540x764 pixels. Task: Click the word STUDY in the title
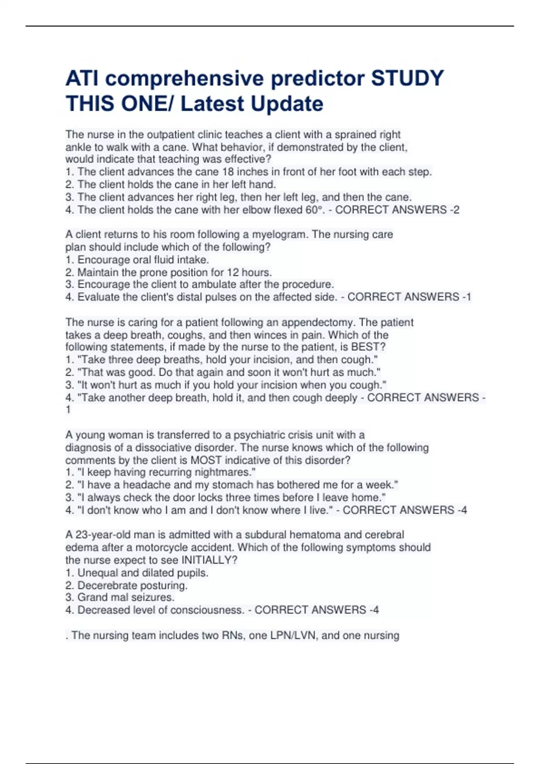click(407, 78)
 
